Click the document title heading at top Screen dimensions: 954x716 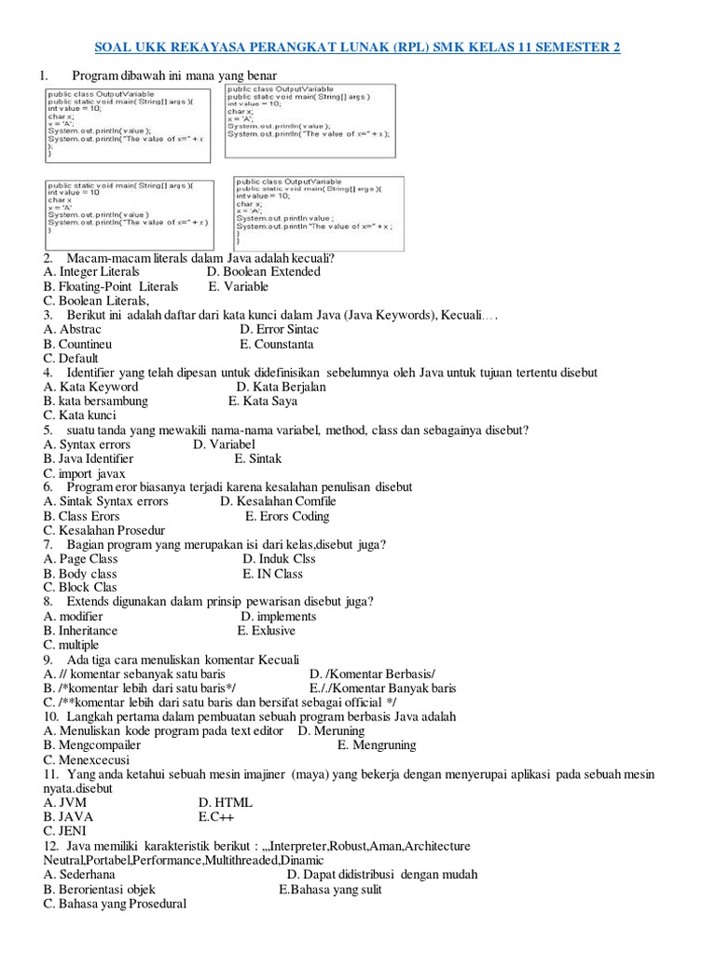click(359, 48)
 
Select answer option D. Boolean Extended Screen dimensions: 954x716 click(263, 272)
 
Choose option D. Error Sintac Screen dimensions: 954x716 click(279, 330)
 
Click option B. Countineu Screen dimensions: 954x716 click(78, 344)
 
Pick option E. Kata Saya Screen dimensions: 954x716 click(263, 402)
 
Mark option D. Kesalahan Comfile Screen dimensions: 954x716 click(278, 502)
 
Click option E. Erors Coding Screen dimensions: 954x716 click(287, 516)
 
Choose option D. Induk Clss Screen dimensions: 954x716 click(279, 559)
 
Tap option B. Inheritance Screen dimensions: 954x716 click(81, 631)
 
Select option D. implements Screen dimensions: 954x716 click(278, 617)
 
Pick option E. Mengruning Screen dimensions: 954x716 click(377, 745)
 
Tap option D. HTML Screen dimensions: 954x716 click(226, 802)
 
